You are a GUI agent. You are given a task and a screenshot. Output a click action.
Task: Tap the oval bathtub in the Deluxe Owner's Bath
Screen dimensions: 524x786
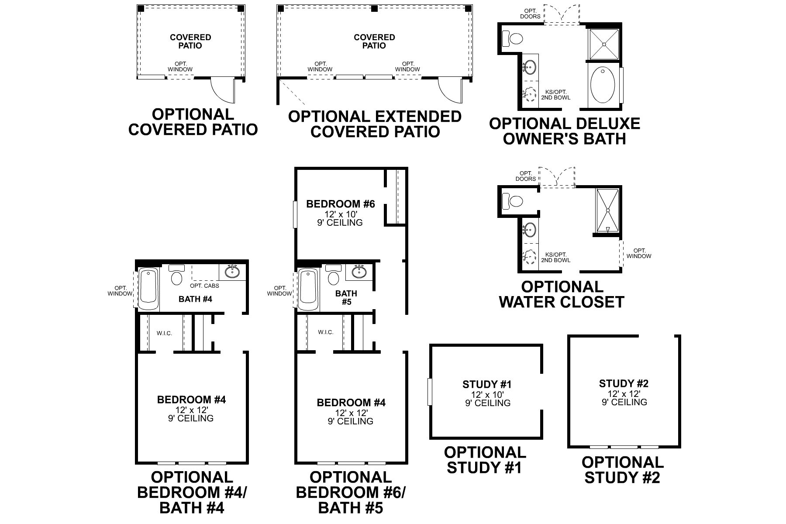(x=603, y=85)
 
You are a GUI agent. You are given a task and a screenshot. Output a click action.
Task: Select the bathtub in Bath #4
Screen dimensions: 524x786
(x=148, y=288)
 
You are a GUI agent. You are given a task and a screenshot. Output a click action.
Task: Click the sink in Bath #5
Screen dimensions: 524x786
(x=359, y=272)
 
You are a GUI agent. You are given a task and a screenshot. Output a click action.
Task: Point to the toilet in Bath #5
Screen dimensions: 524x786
(x=334, y=276)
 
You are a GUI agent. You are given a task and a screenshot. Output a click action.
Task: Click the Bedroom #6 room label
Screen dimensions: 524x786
(x=341, y=204)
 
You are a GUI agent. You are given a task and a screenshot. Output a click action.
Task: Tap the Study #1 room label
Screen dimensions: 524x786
(x=487, y=385)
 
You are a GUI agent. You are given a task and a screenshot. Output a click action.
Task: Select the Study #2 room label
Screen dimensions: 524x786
(x=624, y=384)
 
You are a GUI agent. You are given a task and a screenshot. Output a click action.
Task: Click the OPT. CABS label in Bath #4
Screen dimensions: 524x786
(x=204, y=286)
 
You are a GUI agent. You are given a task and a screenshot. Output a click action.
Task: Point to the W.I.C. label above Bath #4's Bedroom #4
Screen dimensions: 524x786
(x=165, y=333)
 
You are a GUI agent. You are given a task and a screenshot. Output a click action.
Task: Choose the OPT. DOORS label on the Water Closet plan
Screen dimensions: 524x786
(x=525, y=176)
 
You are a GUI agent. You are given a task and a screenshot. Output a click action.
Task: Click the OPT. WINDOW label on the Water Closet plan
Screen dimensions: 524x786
(x=638, y=253)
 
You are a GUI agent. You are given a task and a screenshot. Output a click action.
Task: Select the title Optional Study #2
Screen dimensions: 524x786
(x=622, y=470)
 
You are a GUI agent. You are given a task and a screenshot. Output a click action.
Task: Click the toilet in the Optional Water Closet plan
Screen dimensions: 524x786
(x=513, y=201)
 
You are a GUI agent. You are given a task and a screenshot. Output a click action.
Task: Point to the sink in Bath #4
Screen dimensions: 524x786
(x=232, y=272)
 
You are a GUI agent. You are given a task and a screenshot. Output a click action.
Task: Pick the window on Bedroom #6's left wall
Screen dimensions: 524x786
(x=295, y=214)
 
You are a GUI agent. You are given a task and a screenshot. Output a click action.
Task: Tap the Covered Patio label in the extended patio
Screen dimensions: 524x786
(x=374, y=41)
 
